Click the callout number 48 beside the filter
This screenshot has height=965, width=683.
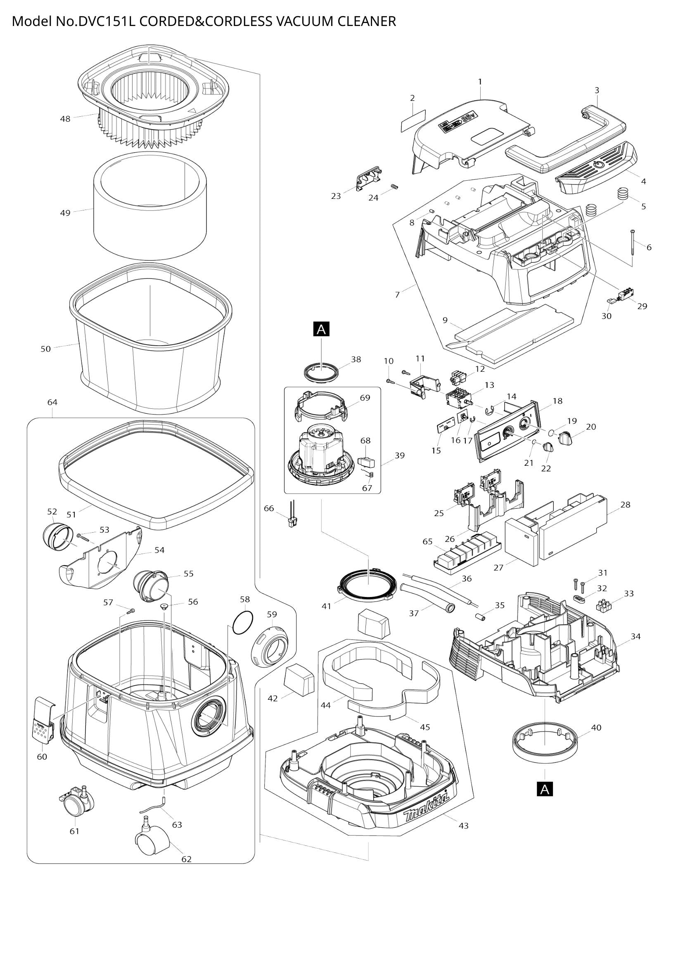tap(65, 119)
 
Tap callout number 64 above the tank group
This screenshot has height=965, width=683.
tap(52, 402)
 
